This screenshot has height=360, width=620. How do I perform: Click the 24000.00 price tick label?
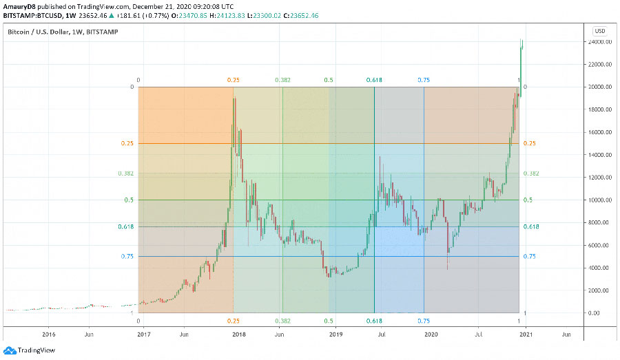(596, 42)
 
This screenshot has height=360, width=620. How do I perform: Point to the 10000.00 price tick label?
(596, 200)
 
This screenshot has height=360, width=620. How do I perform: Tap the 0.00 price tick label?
(600, 313)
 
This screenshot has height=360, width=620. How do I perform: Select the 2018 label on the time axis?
(239, 335)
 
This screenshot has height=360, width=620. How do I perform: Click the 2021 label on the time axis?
(526, 335)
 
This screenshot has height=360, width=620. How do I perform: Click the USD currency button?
(599, 30)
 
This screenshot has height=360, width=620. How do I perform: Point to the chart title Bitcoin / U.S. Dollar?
(41, 32)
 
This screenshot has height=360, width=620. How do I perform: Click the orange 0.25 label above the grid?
(234, 81)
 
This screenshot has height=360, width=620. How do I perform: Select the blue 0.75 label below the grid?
(424, 321)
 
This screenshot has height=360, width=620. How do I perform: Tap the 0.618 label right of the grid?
(530, 226)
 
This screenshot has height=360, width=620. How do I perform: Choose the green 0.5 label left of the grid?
(129, 200)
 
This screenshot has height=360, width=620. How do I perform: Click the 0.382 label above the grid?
(282, 81)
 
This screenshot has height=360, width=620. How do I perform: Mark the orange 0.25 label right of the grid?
(530, 143)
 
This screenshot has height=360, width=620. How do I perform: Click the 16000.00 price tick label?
(596, 132)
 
